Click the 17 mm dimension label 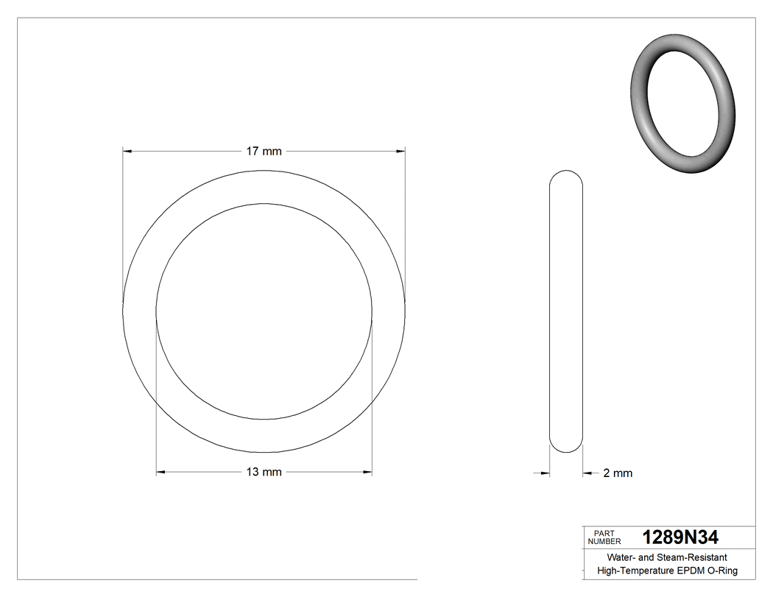point(264,152)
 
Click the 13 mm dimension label point(264,473)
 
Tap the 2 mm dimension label point(618,473)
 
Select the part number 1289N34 point(680,537)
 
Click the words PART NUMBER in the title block point(604,537)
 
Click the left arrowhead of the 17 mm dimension point(127,152)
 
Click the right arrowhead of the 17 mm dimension point(401,152)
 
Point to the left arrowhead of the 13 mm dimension point(160,473)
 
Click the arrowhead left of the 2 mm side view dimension point(546,473)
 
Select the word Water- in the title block point(619,557)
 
